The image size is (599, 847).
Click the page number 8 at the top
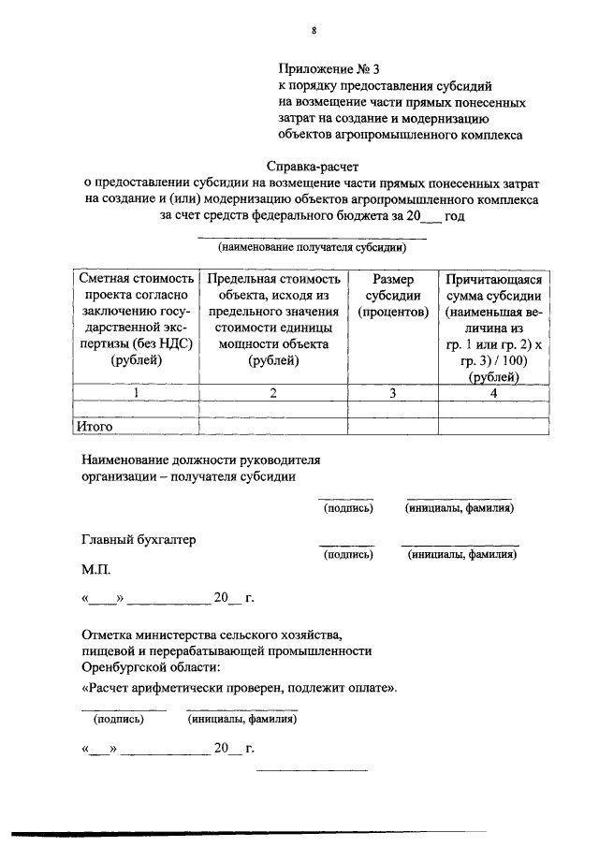[x=314, y=31]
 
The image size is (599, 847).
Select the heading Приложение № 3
[x=331, y=67]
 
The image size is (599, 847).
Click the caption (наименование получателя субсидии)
[x=312, y=249]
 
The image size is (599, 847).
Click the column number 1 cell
[x=137, y=393]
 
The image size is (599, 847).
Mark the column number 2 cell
[x=272, y=393]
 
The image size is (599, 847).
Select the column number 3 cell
[x=392, y=393]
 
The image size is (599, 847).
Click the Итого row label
[x=95, y=427]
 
